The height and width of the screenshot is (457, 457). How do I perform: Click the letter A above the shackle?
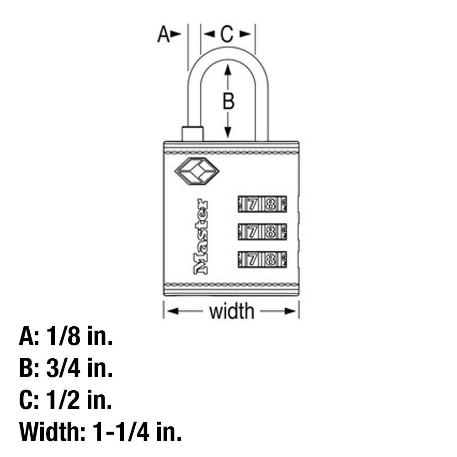(163, 34)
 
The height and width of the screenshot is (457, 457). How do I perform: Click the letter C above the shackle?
(227, 34)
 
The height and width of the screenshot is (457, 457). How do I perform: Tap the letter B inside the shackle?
(228, 101)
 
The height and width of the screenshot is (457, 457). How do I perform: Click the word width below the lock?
(232, 311)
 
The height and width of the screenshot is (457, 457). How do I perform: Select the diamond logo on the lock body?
(197, 171)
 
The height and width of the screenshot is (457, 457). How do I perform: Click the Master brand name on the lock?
(201, 237)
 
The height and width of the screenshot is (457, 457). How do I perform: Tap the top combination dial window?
(262, 204)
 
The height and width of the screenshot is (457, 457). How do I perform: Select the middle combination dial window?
(262, 232)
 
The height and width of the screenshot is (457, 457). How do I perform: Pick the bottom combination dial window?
(262, 260)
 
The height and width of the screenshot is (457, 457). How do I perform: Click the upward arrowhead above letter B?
(228, 70)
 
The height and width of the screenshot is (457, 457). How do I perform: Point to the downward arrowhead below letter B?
(228, 132)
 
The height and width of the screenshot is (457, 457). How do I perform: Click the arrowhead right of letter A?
(175, 34)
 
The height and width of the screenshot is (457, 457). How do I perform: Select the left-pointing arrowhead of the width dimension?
(173, 311)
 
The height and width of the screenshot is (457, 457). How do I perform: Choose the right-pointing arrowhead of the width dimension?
(290, 311)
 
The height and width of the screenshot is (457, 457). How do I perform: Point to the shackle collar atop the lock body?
(192, 134)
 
